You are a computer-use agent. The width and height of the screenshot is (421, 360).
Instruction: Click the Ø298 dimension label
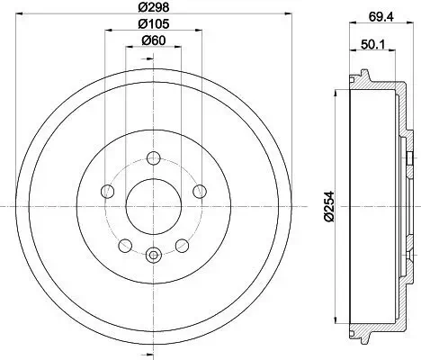tap(152, 8)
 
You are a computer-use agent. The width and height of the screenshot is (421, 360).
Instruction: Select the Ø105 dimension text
tap(152, 25)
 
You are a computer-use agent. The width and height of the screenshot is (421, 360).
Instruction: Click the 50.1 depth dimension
tap(372, 42)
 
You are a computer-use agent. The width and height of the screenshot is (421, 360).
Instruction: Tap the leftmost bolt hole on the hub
tap(108, 191)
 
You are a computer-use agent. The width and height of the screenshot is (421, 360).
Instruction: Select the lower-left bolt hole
tap(125, 244)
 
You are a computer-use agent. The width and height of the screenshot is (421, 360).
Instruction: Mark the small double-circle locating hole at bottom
tap(152, 255)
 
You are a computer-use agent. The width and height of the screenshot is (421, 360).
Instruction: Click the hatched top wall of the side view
tap(378, 82)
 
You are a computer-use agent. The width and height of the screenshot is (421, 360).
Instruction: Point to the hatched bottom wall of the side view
tap(378, 332)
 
